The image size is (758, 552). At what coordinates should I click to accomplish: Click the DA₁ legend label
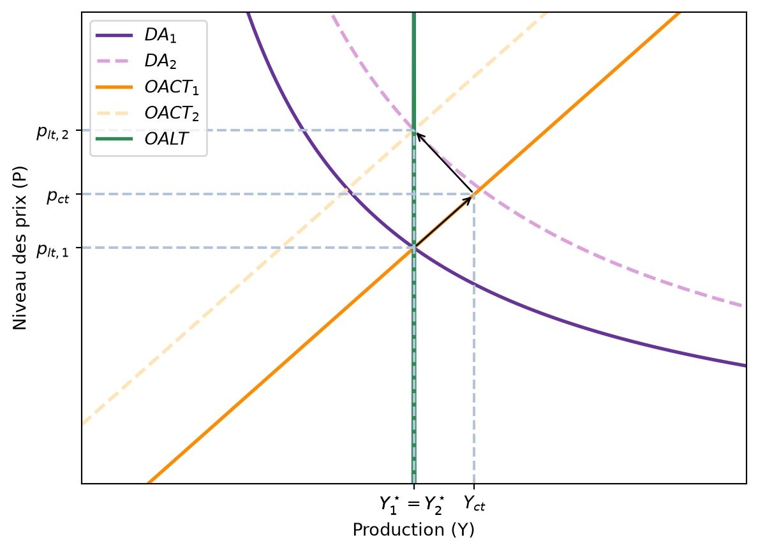(x=161, y=35)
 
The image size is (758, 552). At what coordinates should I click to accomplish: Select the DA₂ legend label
(x=161, y=61)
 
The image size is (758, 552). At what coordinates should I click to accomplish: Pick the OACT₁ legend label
(x=172, y=87)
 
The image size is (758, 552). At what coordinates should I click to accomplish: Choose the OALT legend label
(x=166, y=139)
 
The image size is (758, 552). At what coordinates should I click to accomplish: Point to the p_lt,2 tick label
(x=53, y=132)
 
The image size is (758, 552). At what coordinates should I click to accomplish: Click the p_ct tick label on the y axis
(x=58, y=196)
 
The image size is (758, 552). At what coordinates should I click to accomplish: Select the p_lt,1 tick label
(x=53, y=250)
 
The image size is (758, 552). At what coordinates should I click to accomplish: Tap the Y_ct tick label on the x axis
(x=474, y=504)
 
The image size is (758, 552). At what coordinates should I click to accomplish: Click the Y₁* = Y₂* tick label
(x=412, y=504)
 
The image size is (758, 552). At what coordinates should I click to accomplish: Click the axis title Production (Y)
(x=413, y=530)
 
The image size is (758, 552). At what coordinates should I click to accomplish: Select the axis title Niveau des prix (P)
(x=20, y=248)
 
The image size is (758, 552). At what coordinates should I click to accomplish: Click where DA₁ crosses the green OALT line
(x=414, y=248)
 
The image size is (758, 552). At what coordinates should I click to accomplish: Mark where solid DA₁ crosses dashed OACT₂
(x=346, y=188)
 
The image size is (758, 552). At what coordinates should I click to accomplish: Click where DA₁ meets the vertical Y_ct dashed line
(x=473, y=284)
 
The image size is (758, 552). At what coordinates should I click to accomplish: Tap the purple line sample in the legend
(x=114, y=35)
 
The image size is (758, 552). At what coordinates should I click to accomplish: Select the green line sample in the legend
(x=114, y=139)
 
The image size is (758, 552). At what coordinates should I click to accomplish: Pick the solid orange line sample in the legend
(x=114, y=87)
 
